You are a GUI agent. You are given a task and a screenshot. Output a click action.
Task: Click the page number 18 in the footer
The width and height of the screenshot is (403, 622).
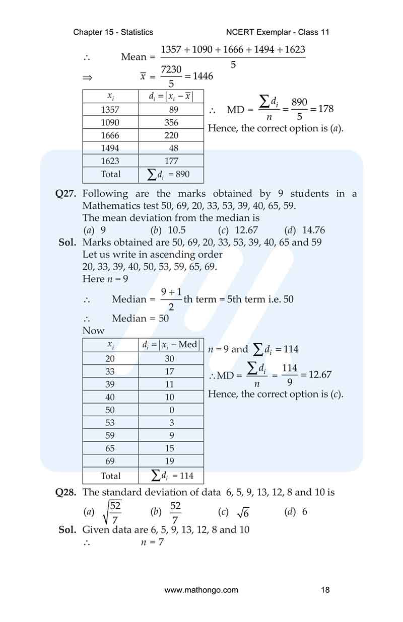[325, 590]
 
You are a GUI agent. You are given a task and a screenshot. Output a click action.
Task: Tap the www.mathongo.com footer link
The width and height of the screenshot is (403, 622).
[201, 590]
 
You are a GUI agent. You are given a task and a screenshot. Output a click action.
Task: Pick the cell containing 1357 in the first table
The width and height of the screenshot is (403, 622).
[110, 109]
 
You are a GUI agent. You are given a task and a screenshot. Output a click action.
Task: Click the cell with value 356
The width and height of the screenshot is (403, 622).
[171, 122]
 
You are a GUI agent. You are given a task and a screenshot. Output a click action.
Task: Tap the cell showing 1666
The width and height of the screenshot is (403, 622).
[110, 135]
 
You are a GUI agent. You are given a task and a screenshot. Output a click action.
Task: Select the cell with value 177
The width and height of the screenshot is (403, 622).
[171, 161]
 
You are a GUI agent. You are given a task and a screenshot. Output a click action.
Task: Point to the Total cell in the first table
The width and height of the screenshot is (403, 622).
[110, 174]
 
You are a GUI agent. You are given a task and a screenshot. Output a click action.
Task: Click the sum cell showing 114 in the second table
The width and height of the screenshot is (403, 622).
[172, 476]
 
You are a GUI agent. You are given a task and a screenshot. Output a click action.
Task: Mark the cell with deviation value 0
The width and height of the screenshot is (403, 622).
[171, 410]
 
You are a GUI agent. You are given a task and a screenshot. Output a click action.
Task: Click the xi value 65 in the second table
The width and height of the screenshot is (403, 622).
[110, 448]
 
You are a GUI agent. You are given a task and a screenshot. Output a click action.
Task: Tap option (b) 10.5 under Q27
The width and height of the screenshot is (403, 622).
[169, 230]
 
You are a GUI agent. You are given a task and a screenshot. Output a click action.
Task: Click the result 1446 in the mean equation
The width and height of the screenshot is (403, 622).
[203, 76]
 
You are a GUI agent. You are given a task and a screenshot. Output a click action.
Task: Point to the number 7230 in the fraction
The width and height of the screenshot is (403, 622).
[171, 70]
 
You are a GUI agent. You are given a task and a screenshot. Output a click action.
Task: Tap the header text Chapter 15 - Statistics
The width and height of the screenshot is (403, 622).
[113, 32]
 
